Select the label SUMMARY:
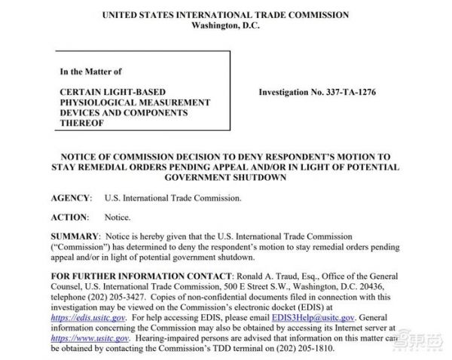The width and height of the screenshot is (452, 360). pyautogui.click(x=75, y=236)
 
